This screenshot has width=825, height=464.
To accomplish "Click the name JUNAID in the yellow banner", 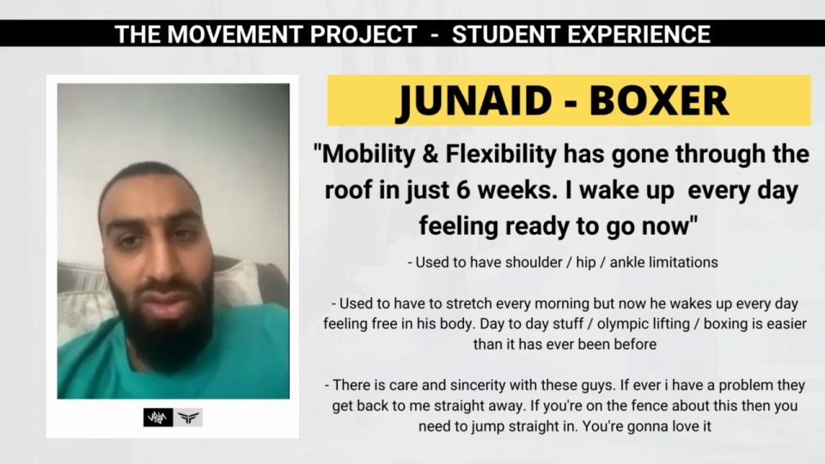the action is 474,101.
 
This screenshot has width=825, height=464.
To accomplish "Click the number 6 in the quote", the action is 463,191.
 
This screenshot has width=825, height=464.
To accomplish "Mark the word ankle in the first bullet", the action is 626,262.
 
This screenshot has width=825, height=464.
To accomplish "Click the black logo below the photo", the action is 158,418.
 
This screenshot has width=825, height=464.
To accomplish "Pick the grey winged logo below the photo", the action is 188,418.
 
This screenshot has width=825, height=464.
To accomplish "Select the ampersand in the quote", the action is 431,155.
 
